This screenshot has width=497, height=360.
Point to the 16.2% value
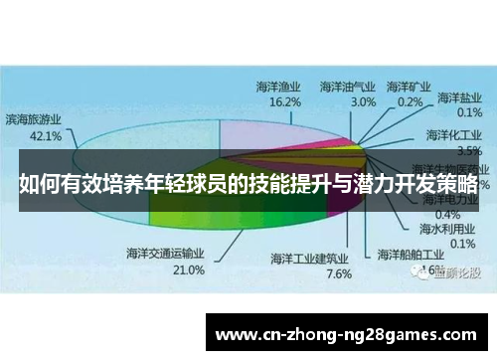coord(285,102)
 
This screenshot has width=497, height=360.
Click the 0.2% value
coord(410,101)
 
